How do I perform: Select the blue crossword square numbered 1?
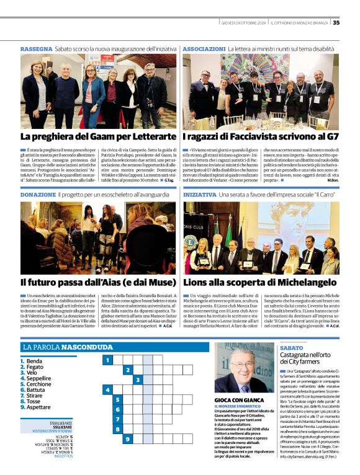click(107, 360)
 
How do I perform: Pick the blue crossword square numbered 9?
click(127, 439)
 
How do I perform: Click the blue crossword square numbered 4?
click(107, 389)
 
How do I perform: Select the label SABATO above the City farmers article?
click(292, 348)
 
